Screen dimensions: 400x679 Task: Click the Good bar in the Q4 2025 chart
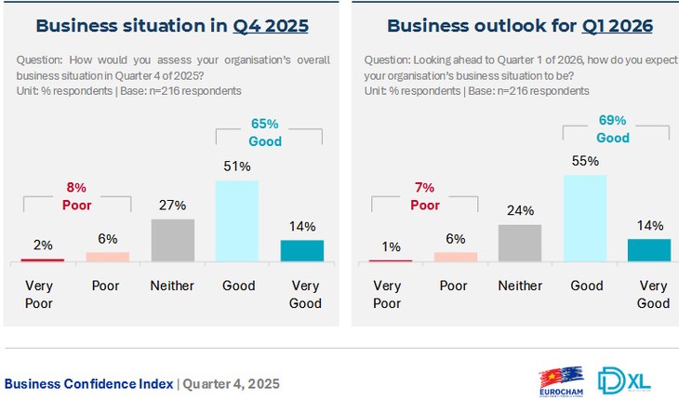[x=237, y=221]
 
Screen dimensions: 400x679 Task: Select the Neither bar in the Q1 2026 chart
[x=519, y=244]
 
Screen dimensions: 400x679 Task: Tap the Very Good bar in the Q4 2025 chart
[x=301, y=250]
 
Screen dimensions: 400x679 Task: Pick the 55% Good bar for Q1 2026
[x=585, y=219]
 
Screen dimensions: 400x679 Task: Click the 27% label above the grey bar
[x=172, y=205]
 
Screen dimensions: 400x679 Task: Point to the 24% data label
[x=519, y=209]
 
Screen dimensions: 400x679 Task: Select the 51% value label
[x=237, y=166]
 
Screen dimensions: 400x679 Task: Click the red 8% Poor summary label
[x=78, y=196]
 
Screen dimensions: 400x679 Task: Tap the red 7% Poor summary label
[x=425, y=196]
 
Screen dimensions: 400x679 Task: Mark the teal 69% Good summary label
[x=613, y=128]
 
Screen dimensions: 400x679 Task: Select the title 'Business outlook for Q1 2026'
[x=519, y=25]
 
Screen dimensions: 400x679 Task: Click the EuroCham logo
[x=561, y=381]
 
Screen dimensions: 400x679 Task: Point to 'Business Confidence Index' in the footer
[x=88, y=383]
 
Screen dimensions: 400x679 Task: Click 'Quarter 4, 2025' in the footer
[x=230, y=383]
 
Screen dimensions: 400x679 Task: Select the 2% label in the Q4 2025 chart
[x=43, y=245]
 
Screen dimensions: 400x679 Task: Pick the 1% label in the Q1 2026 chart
[x=391, y=247]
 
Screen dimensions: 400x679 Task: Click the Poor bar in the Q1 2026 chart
[x=455, y=257]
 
